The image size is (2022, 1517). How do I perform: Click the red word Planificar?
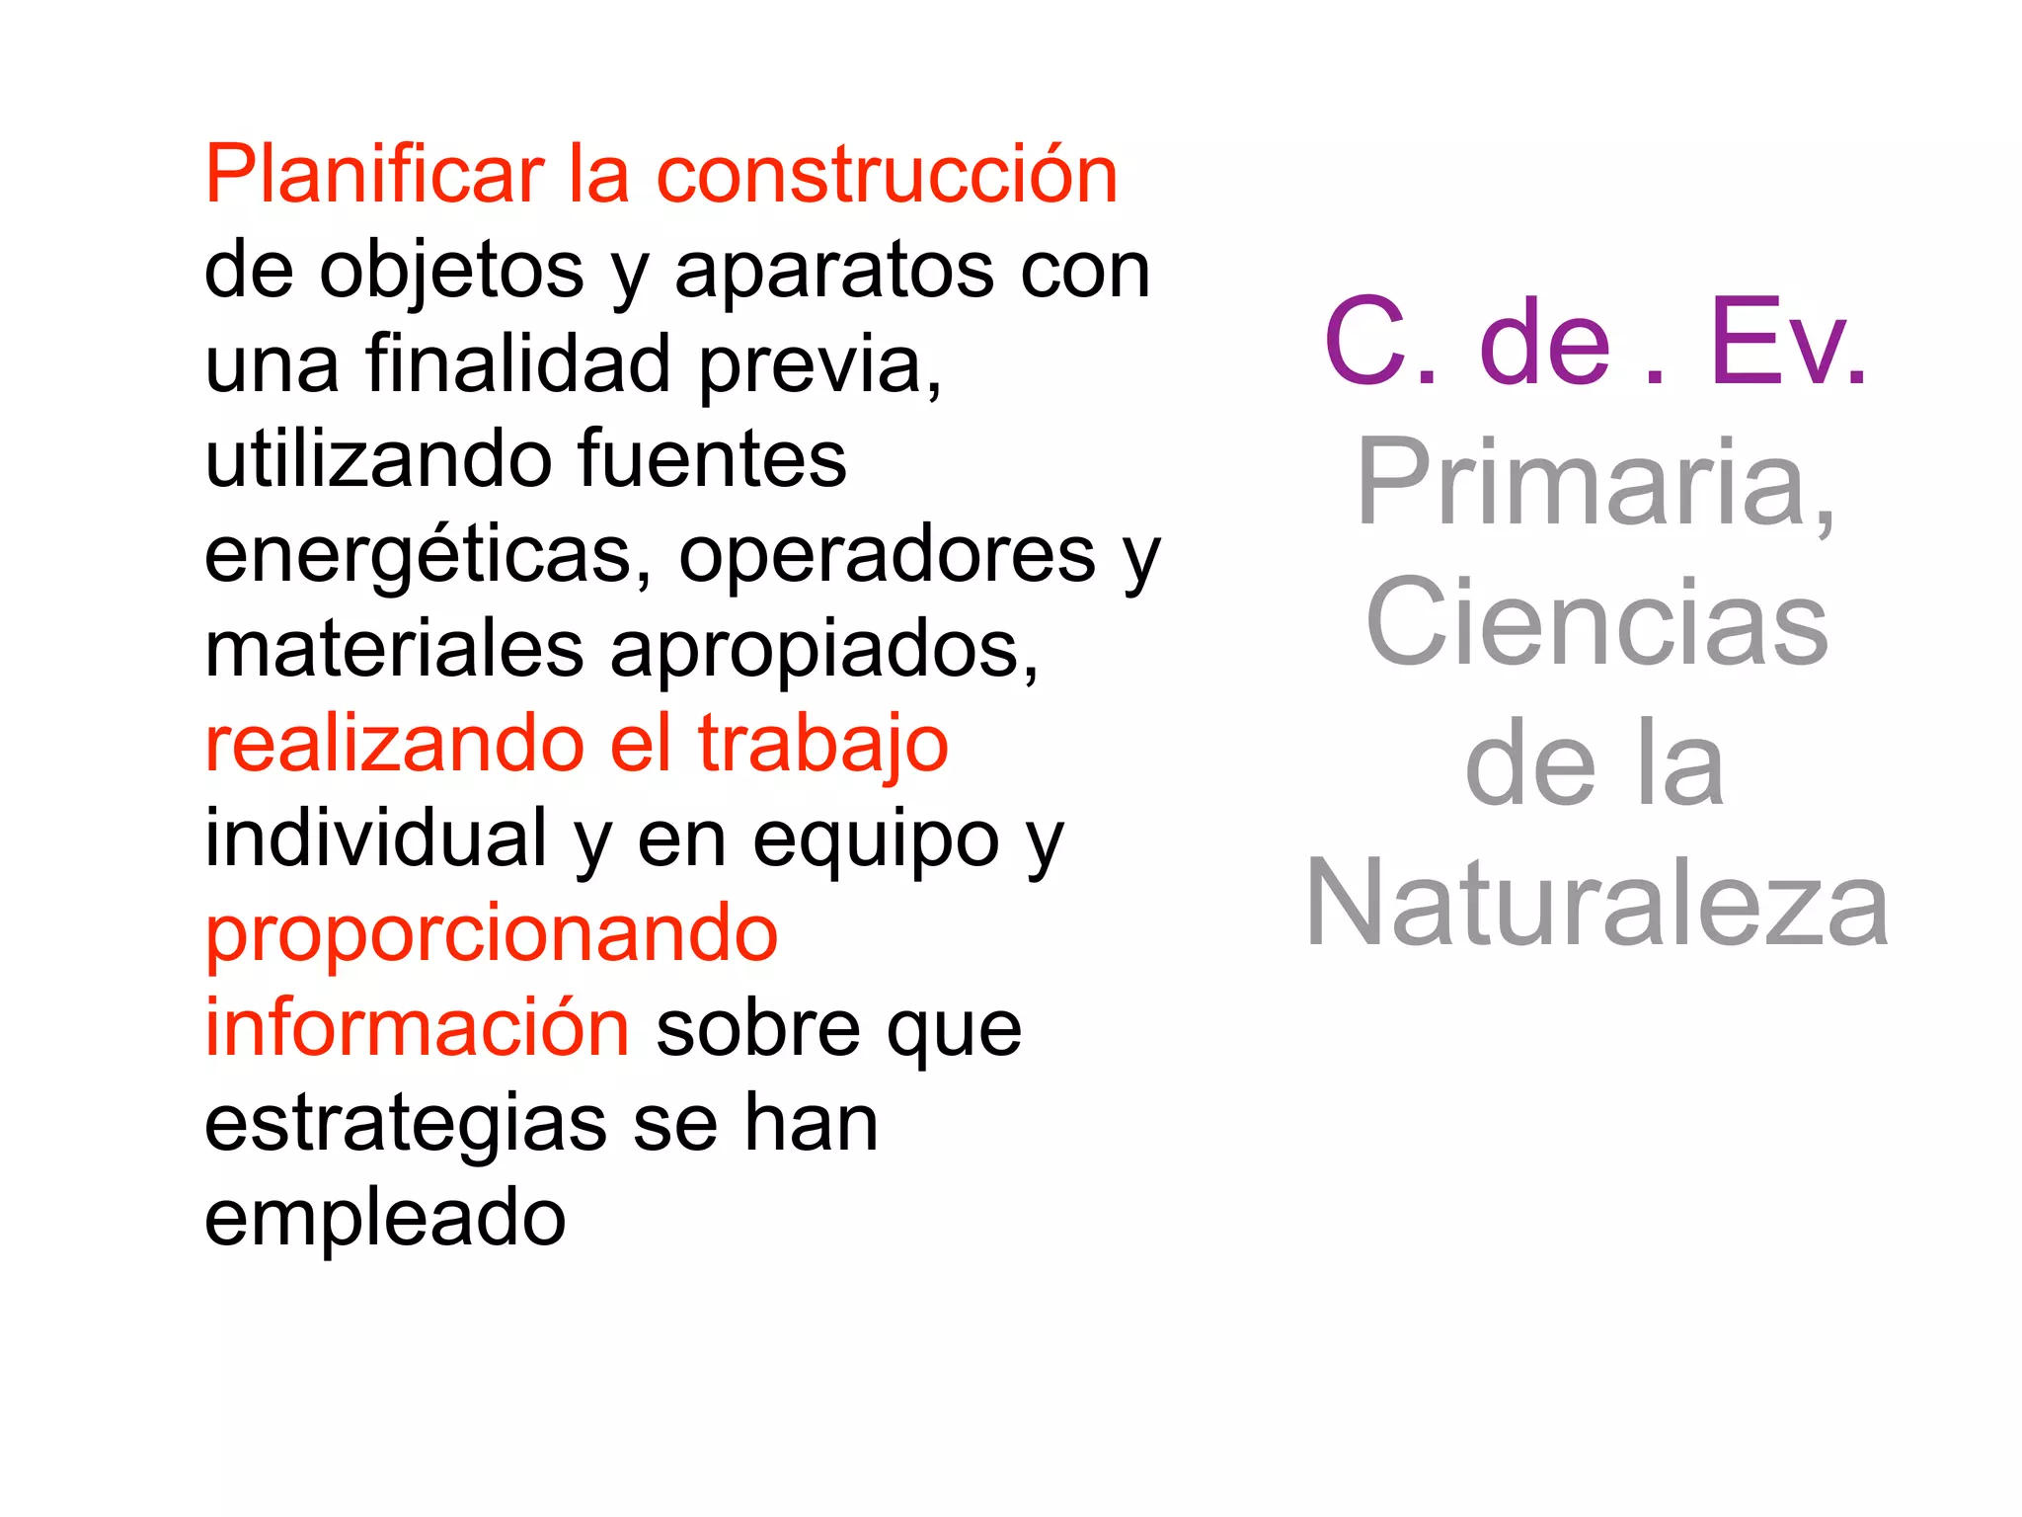click(374, 176)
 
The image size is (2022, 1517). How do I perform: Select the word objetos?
click(451, 272)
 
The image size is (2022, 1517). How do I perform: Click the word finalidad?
click(519, 363)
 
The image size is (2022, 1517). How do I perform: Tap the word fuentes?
click(711, 459)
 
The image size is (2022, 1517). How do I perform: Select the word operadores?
click(887, 556)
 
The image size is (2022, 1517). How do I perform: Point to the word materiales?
click(394, 649)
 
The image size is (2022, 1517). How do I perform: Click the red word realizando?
click(394, 744)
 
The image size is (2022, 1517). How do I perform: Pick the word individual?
click(375, 838)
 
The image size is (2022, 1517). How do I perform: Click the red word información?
click(417, 1028)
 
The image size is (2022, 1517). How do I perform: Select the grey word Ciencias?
click(1596, 623)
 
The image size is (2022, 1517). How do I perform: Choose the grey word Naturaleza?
click(1596, 904)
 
